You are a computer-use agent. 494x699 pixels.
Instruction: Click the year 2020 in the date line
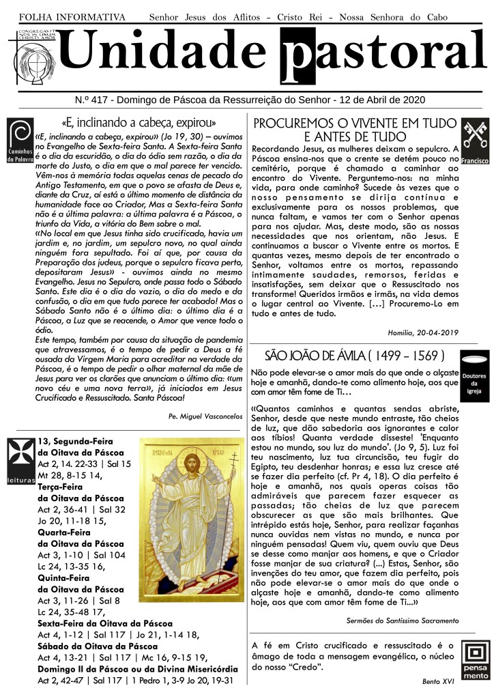tap(413, 100)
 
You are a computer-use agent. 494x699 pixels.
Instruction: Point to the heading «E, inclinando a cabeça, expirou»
tap(139, 123)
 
